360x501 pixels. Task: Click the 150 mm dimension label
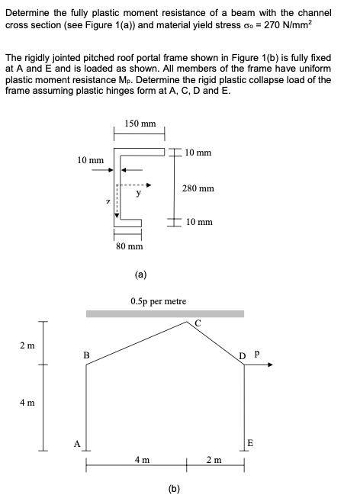click(140, 123)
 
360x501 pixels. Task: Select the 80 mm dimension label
click(130, 246)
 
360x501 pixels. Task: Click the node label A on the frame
click(76, 440)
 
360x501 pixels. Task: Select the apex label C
click(197, 321)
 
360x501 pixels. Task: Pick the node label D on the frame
click(242, 355)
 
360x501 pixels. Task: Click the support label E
click(251, 442)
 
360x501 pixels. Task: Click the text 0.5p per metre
click(159, 301)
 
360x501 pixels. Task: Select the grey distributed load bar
click(165, 313)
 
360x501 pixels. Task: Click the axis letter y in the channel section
click(138, 194)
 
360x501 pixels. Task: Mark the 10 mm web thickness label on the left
click(91, 160)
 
